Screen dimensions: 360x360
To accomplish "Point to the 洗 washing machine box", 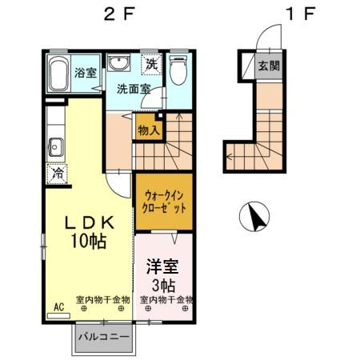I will click(150, 64).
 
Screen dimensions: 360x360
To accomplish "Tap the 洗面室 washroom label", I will click(134, 90).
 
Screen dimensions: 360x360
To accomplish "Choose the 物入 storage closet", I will click(148, 128).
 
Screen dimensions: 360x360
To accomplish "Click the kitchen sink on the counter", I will click(57, 147).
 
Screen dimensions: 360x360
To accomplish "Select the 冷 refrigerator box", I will click(56, 171).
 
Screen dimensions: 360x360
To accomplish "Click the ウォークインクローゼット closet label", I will click(165, 201).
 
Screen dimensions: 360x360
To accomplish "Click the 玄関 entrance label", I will click(269, 66).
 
